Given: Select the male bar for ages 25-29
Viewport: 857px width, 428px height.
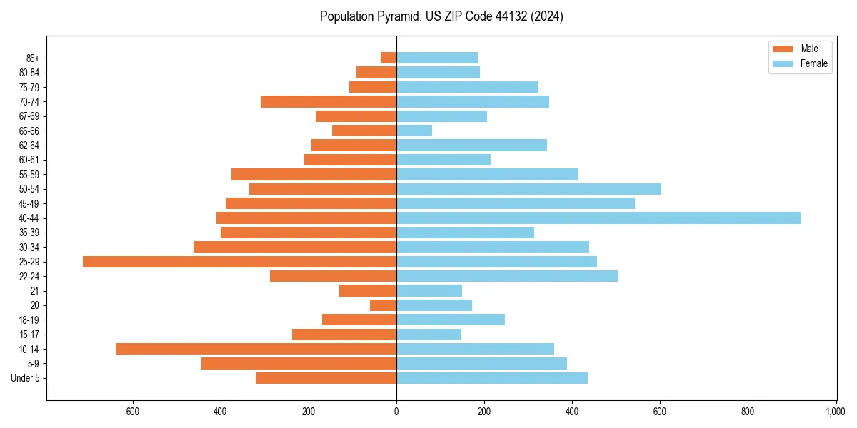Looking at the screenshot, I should click(239, 262).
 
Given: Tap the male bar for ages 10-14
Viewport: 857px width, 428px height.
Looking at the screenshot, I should click(256, 349).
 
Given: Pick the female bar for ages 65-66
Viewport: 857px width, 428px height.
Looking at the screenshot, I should click(414, 131).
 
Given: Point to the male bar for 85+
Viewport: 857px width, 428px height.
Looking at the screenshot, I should click(389, 58).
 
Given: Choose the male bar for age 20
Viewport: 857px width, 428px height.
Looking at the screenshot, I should click(384, 305).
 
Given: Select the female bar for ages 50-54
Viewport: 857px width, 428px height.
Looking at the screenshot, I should click(528, 189).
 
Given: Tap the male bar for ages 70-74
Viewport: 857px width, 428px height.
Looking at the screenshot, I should click(329, 101).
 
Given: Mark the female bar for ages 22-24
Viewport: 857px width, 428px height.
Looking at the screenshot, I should click(507, 276).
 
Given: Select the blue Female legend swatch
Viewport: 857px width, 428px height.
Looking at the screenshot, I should click(783, 63).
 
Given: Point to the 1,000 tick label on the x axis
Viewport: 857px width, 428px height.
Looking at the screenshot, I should click(836, 412).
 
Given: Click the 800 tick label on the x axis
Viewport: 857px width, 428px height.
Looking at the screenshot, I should click(748, 412).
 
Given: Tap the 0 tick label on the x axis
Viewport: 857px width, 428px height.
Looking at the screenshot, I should click(396, 412).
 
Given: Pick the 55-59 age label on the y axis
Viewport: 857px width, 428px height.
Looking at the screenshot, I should click(29, 175).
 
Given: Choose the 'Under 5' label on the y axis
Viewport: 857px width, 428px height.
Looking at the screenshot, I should click(26, 378).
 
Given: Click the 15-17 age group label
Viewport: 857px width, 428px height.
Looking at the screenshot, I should click(29, 335).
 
